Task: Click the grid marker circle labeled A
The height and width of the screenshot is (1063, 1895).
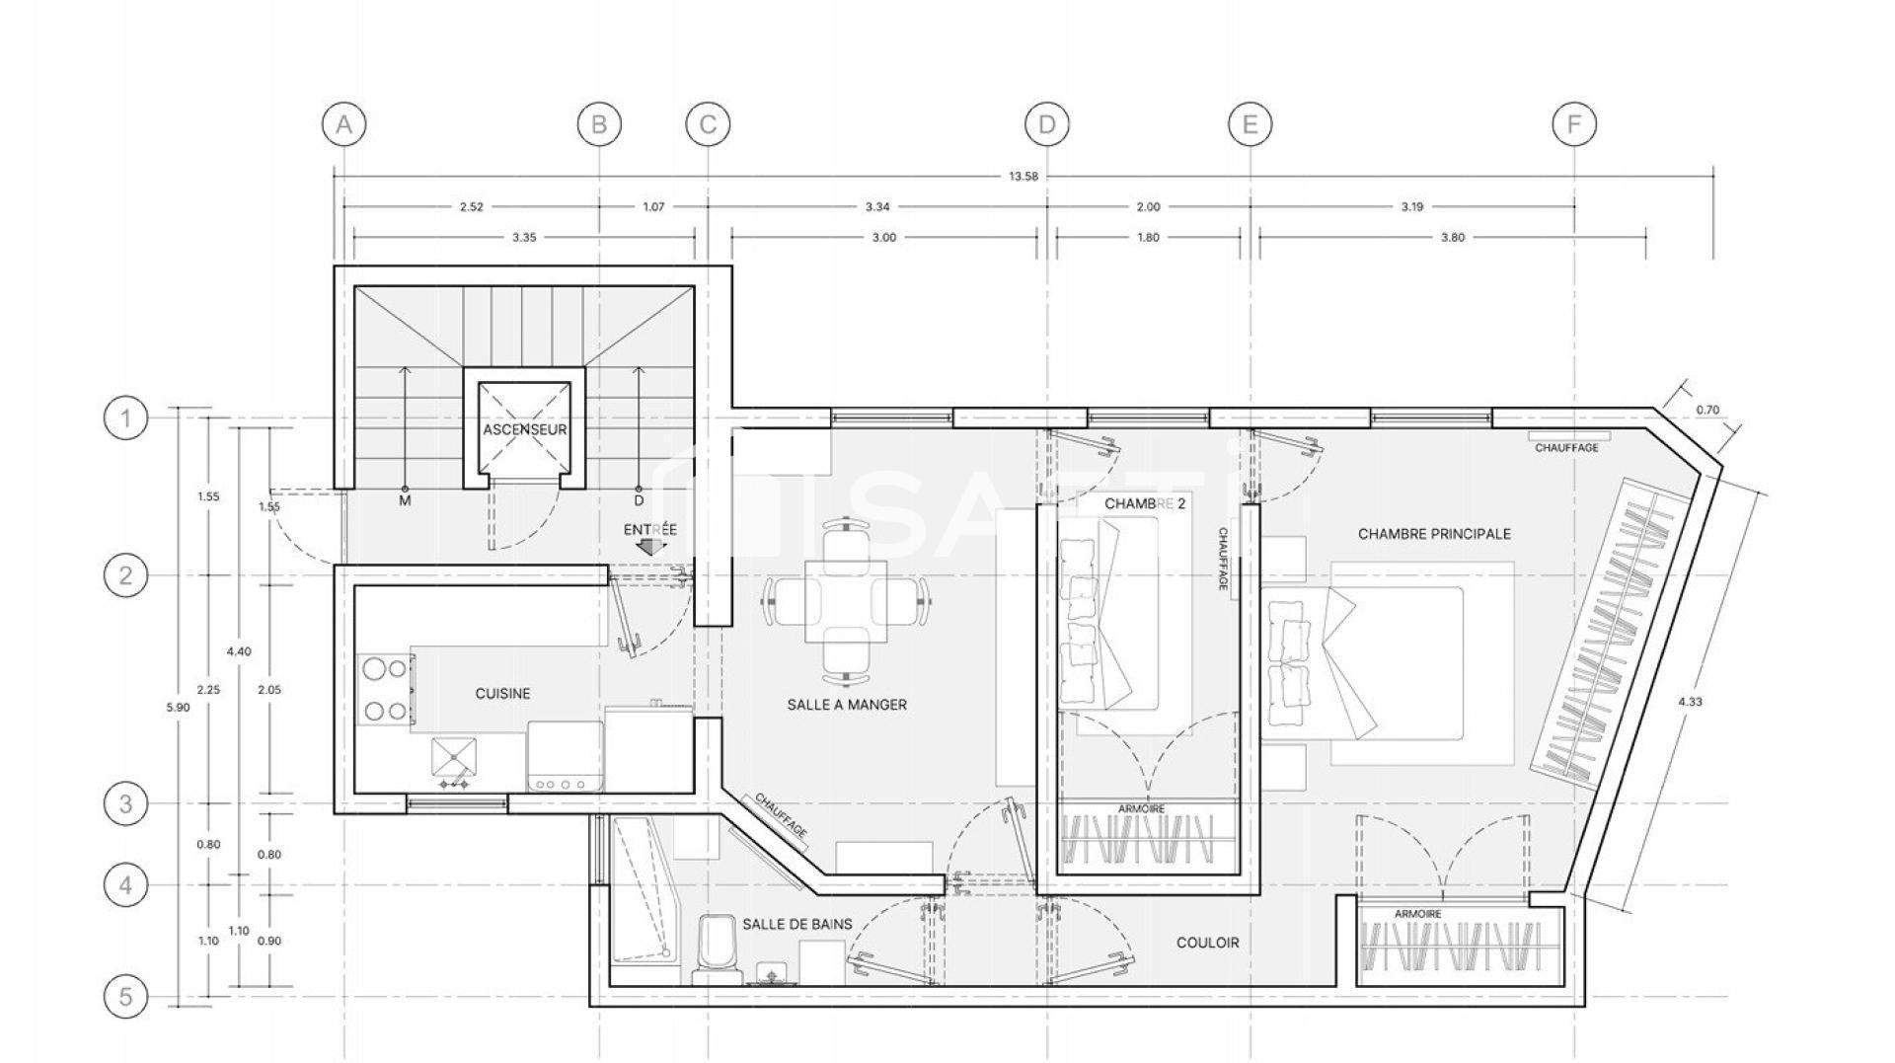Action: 343,124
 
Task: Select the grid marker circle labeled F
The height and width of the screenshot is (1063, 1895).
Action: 1574,124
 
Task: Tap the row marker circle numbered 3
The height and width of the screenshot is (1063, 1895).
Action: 125,803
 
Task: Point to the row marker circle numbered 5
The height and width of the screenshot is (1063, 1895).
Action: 125,997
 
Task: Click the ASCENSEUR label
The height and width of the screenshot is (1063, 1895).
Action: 525,430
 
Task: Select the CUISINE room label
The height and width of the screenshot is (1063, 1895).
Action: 502,694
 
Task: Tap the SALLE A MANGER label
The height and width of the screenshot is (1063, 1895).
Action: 847,705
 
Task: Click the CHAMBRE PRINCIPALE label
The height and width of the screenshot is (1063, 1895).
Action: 1434,534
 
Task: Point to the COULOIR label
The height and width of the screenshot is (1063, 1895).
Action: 1207,943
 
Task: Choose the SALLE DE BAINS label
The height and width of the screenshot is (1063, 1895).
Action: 797,924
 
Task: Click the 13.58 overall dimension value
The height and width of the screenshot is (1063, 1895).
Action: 1023,177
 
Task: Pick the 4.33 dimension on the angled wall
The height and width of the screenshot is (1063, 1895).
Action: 1690,702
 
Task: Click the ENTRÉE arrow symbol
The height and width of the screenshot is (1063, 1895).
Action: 650,545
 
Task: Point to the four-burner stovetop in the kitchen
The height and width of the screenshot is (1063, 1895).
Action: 385,689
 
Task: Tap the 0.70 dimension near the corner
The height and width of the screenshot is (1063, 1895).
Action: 1706,410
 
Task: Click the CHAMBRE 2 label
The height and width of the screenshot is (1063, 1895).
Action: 1144,503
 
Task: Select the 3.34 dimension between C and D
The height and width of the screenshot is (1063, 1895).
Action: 877,207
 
